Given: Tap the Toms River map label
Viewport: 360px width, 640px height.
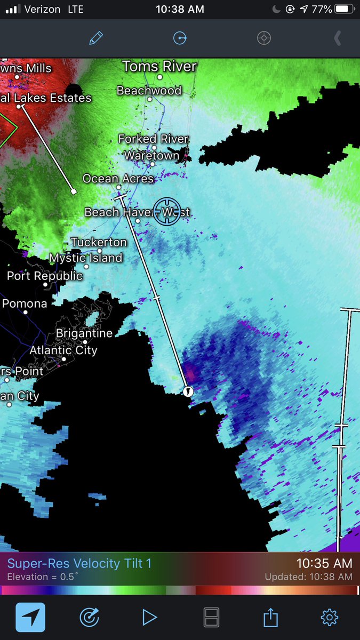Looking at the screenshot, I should (x=159, y=67).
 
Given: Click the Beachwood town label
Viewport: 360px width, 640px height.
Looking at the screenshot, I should (x=149, y=91).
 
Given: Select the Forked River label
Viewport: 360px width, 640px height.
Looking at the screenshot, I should (x=154, y=139).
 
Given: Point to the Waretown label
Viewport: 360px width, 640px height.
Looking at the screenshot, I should (x=152, y=156).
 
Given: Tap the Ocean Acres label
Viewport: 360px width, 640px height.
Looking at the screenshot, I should (x=118, y=179).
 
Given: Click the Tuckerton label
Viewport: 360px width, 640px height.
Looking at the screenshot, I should (x=99, y=242).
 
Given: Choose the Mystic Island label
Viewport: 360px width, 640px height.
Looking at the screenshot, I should (x=86, y=258).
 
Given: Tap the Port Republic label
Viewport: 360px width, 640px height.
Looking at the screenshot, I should (x=45, y=276).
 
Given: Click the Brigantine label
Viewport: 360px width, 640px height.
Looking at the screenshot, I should (x=84, y=333).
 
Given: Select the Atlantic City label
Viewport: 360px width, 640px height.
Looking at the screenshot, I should (x=63, y=350).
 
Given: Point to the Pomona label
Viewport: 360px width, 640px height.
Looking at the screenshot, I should (x=25, y=303).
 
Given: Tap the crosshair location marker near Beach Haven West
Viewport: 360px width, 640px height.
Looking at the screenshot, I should (x=167, y=212).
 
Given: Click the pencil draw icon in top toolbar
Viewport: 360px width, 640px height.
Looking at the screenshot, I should (x=96, y=38).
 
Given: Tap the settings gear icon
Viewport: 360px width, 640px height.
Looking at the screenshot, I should (x=329, y=618).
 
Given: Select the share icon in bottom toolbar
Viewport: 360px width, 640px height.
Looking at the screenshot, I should (x=271, y=618).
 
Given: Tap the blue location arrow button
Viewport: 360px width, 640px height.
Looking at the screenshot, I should (x=30, y=618).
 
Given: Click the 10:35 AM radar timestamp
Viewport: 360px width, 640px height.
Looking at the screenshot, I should (x=324, y=563).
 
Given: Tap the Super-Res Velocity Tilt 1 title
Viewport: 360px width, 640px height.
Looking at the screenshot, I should (x=79, y=564).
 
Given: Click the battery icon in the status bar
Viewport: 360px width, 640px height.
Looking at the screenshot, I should (x=344, y=9).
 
